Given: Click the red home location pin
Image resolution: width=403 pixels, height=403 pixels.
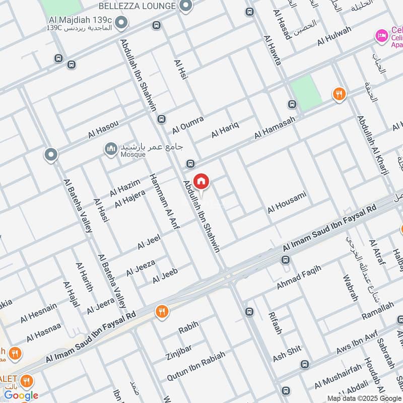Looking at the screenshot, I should click(201, 181).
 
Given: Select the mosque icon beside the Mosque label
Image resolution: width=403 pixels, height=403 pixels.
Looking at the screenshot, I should click(110, 149).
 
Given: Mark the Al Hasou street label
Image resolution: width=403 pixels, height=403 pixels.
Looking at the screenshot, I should click(103, 129).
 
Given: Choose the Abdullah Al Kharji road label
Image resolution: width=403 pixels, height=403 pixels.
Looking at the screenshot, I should click(373, 146).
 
